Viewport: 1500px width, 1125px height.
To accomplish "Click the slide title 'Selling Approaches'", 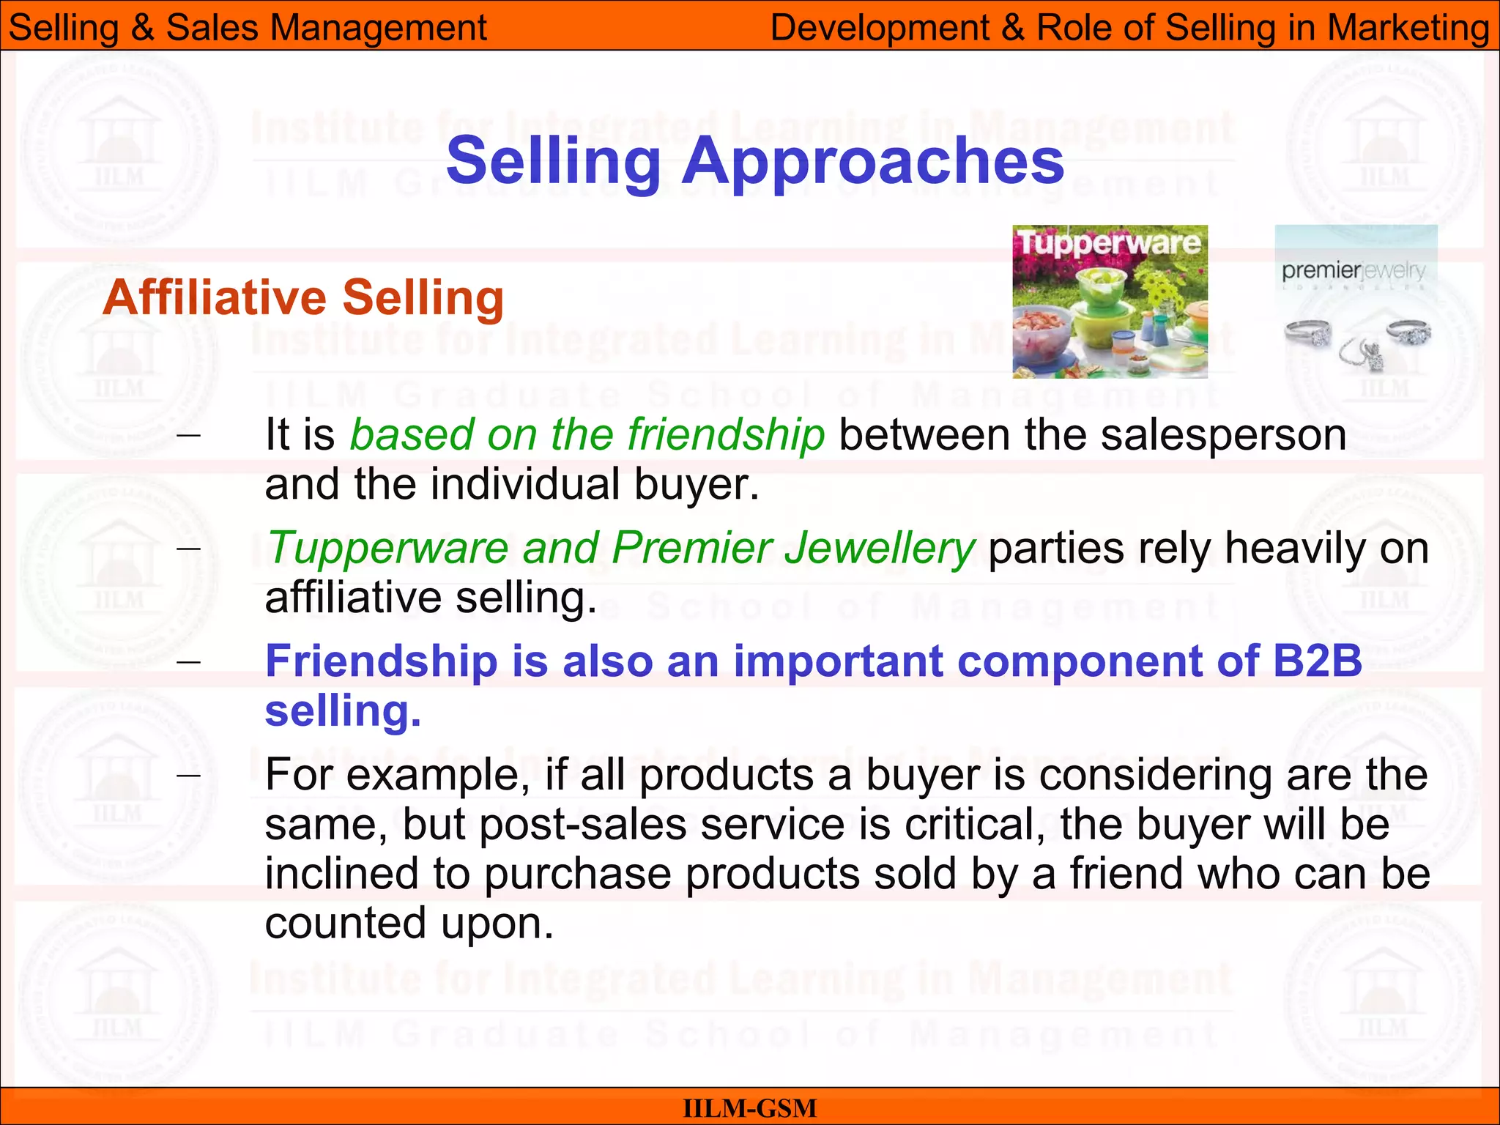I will pos(754,161).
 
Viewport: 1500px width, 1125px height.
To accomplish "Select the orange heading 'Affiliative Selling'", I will pos(303,298).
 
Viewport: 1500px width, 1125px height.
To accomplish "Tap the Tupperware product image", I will pos(1110,302).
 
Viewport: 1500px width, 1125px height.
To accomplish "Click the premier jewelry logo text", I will pos(1354,271).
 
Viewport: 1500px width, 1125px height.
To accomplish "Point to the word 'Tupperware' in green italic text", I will pos(388,548).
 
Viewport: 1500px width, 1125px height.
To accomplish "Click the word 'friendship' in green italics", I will pos(726,434).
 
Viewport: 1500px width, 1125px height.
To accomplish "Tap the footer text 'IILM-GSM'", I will pos(749,1108).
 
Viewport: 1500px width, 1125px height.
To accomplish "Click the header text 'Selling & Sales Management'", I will pos(248,28).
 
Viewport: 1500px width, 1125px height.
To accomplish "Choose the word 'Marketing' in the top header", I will pos(1408,28).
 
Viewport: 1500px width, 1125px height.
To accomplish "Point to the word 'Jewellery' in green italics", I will pos(879,548).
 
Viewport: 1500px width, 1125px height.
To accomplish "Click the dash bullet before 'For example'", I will pos(189,775).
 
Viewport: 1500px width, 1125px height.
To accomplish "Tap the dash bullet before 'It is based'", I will pos(189,435).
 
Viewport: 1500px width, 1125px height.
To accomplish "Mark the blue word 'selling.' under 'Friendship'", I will pos(343,710).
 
